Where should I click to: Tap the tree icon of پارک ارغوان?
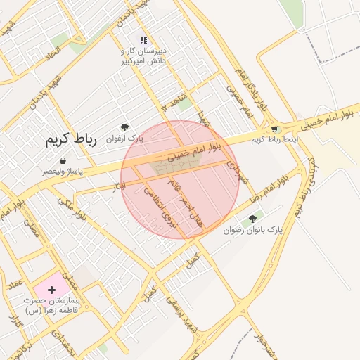pos(124,127)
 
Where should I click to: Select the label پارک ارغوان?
pos(124,139)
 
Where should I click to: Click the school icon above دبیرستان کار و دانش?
pos(143,40)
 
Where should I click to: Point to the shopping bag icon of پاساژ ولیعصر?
pos(63,160)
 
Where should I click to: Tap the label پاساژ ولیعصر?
pos(63,171)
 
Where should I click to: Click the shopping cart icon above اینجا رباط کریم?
pos(274,129)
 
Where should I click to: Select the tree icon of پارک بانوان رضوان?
pos(252,219)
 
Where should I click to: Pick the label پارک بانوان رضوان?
pos(252,230)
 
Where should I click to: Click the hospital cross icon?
pos(51,290)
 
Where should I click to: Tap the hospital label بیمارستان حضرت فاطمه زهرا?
pos(51,304)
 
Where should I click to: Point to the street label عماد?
pos(15,284)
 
